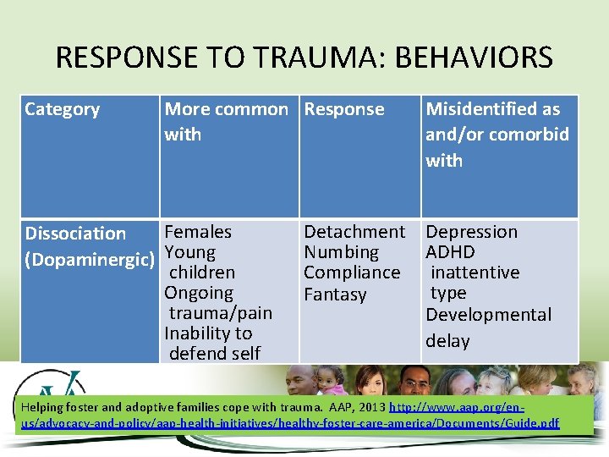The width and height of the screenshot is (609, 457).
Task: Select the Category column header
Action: click(62, 109)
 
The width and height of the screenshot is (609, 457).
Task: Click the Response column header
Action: click(344, 109)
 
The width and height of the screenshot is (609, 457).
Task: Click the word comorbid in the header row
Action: click(533, 135)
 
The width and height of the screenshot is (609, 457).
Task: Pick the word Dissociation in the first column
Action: click(75, 234)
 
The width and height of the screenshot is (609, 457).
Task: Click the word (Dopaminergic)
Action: click(90, 259)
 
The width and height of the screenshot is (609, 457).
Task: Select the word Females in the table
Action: click(198, 232)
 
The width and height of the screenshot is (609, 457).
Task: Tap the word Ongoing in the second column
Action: click(199, 293)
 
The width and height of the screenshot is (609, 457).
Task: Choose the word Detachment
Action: click(354, 232)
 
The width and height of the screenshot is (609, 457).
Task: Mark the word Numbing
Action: click(342, 252)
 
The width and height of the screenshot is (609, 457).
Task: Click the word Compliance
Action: click(352, 273)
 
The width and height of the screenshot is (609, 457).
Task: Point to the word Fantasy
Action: click(335, 295)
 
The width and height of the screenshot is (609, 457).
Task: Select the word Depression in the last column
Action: click(471, 232)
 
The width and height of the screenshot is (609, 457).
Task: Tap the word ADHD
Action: click(450, 252)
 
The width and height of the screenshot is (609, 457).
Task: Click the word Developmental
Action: click(488, 315)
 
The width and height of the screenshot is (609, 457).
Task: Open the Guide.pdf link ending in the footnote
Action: click(538, 422)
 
